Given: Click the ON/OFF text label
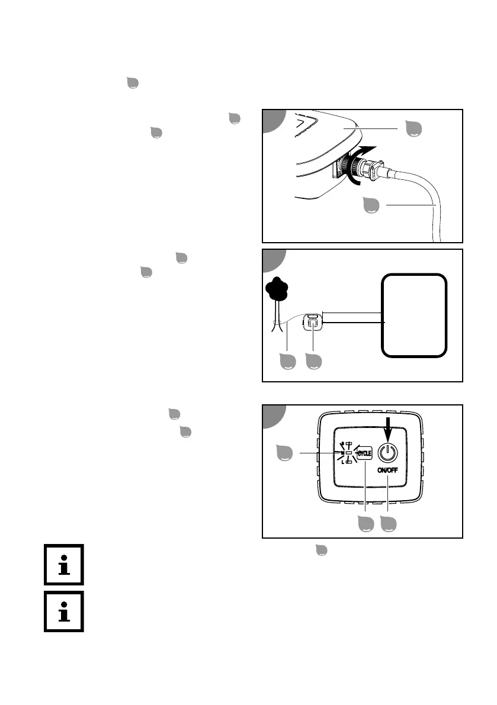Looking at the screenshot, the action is point(387,471).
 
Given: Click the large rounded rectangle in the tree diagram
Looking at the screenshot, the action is point(413,315).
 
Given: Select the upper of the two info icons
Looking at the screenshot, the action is point(63,565).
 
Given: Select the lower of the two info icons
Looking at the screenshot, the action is point(63,611).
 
